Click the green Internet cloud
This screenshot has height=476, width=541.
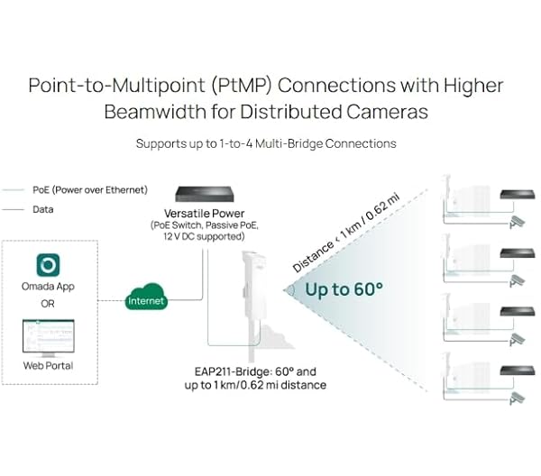coord(147,299)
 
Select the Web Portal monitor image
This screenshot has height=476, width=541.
coord(48,338)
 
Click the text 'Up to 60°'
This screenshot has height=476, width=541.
coord(344,290)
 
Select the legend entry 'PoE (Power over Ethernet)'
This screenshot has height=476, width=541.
coord(89,190)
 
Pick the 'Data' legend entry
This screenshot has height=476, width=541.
coord(42,208)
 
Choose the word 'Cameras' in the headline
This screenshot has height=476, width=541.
coord(379,114)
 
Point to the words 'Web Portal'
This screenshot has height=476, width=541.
coord(48,365)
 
